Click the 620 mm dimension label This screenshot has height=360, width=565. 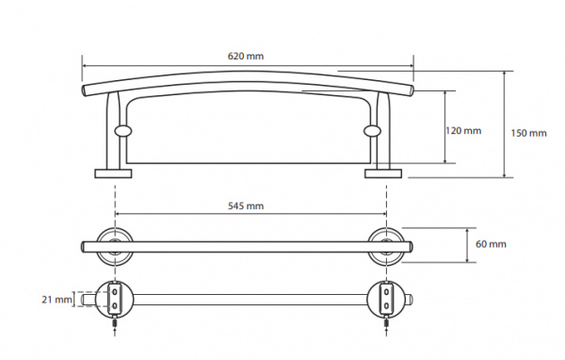click(246, 56)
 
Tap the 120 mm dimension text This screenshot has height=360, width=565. click(463, 131)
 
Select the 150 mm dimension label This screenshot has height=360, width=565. click(528, 133)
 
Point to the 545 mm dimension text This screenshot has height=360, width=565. click(246, 206)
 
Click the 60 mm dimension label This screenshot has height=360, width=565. click(491, 244)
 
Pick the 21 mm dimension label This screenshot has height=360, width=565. click(56, 300)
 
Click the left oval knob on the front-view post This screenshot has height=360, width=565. click(123, 131)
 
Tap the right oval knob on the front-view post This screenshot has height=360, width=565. click(372, 131)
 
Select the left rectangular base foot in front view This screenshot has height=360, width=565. click(113, 173)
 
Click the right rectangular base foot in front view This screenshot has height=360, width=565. click(383, 173)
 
